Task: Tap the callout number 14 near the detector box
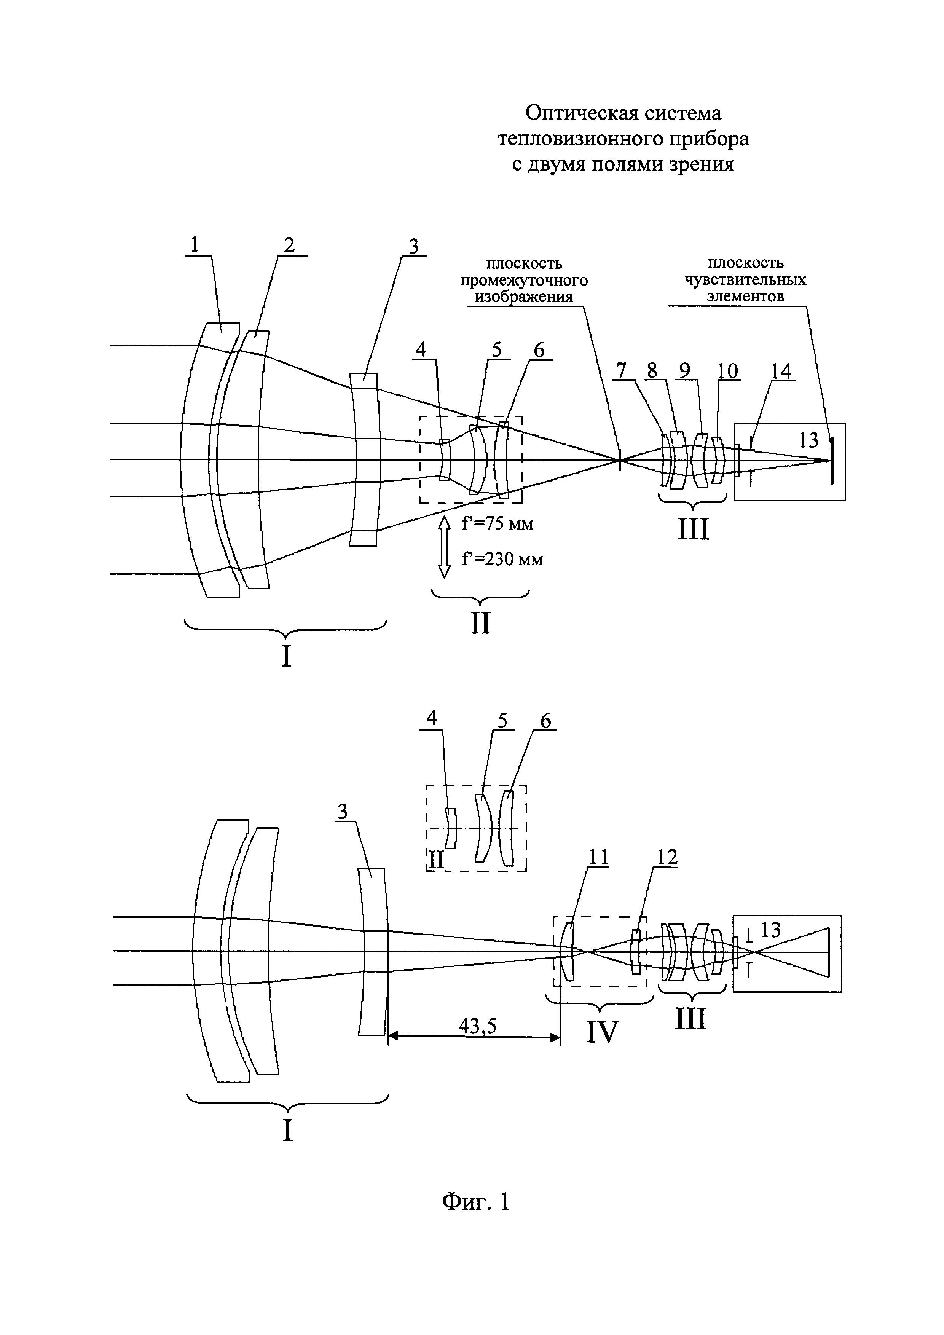(x=781, y=371)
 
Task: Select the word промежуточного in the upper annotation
(x=524, y=280)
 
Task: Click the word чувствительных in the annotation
(x=745, y=280)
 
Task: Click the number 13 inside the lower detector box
(x=771, y=930)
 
